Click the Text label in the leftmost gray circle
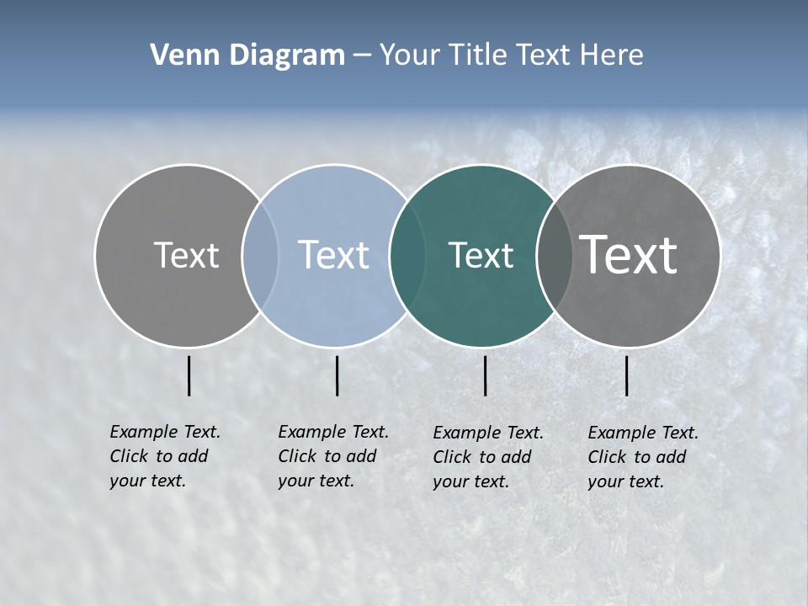(x=186, y=255)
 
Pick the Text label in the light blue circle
(x=333, y=255)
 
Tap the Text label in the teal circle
(x=481, y=255)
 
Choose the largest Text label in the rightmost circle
(x=629, y=255)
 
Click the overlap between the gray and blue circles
(x=260, y=256)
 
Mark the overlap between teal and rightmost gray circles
(x=554, y=256)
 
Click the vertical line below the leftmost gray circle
(x=189, y=375)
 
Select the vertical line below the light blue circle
(x=337, y=375)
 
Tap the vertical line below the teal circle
(x=486, y=375)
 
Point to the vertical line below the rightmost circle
(x=627, y=375)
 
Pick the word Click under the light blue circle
(x=297, y=456)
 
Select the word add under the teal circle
(x=516, y=457)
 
